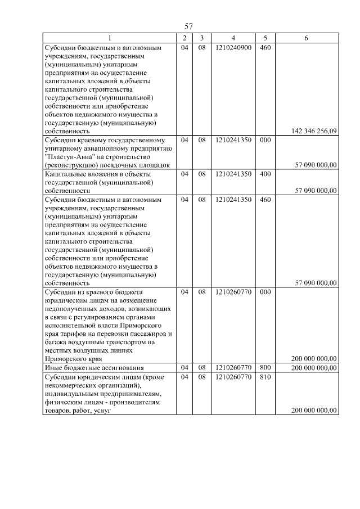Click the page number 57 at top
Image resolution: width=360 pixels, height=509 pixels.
pyautogui.click(x=189, y=26)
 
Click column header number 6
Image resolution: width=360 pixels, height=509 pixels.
pyautogui.click(x=306, y=38)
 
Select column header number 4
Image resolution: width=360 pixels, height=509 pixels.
pyautogui.click(x=233, y=38)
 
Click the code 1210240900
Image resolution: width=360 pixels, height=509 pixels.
pyautogui.click(x=233, y=48)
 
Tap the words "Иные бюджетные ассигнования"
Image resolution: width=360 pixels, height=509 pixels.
pyautogui.click(x=94, y=367)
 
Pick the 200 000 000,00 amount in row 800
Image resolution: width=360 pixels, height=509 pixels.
pyautogui.click(x=314, y=367)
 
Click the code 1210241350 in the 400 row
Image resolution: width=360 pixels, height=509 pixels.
pyautogui.click(x=233, y=174)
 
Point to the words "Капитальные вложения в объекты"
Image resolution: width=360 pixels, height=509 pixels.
pyautogui.click(x=98, y=174)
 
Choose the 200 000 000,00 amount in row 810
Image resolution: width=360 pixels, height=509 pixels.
pyautogui.click(x=314, y=411)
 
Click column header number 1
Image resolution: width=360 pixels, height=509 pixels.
pyautogui.click(x=110, y=38)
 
